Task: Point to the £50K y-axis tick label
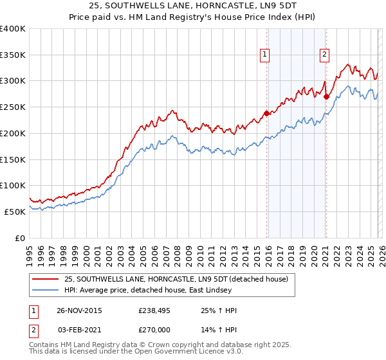14,212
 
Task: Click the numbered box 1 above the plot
265,55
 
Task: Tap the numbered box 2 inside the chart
325,55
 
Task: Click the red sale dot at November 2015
266,114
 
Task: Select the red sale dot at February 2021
326,97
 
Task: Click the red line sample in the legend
46,279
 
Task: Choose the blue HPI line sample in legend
46,290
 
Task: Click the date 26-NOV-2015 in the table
79,310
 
